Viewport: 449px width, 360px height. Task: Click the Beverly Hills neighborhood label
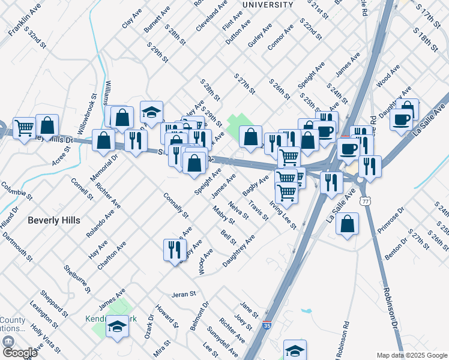tap(54, 220)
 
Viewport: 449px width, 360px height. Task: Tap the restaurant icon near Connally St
tap(173, 250)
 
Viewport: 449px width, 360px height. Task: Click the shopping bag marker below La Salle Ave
tap(348, 224)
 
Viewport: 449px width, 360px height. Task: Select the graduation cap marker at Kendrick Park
tap(118, 327)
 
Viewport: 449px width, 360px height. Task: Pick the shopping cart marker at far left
tap(25, 127)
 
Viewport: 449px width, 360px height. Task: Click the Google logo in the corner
tap(19, 353)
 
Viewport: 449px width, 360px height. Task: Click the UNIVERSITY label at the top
tap(268, 5)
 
